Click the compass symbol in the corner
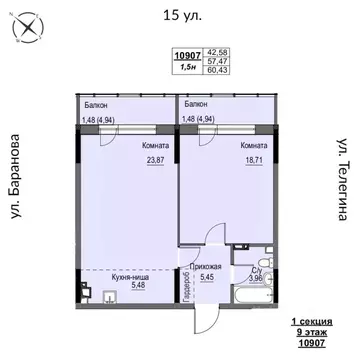pos(22,31)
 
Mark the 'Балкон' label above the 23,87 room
pos(96,104)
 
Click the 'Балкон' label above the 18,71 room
pos(196,104)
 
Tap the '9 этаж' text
pos(312,332)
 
